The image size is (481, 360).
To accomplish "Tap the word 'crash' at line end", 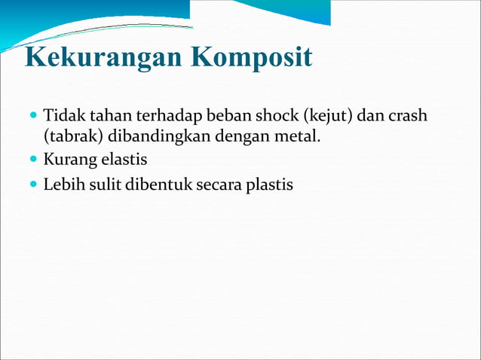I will tap(408, 117).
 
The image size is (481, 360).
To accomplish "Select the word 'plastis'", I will tap(269, 183).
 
